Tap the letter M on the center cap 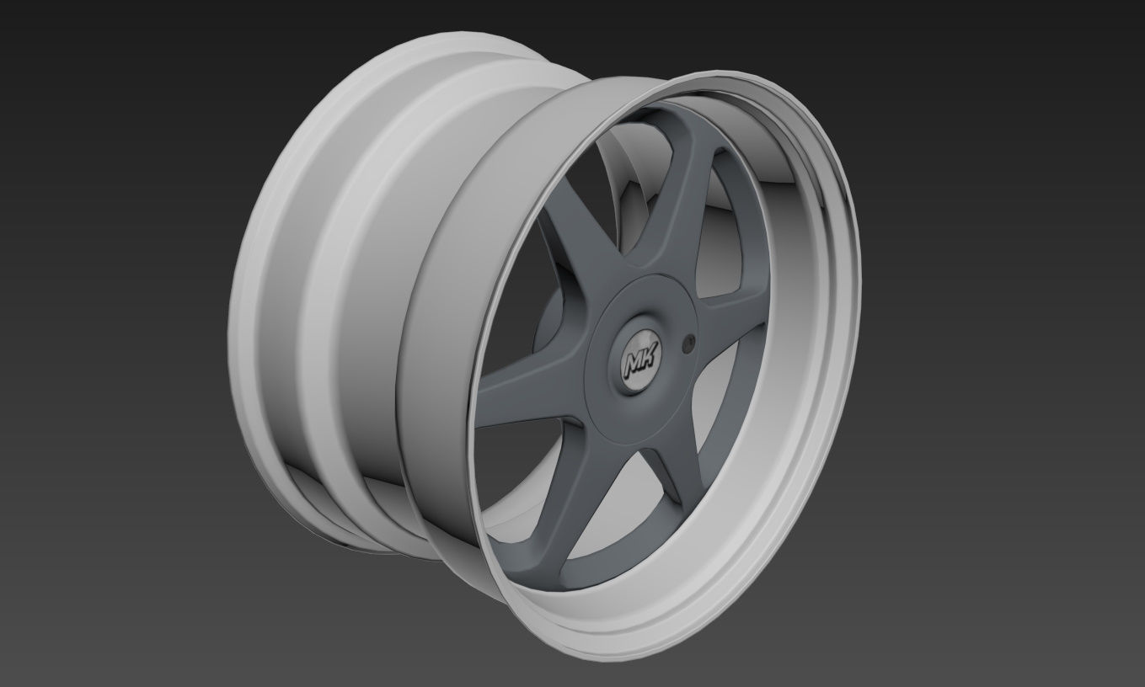pyautogui.click(x=634, y=364)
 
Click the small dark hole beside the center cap pyautogui.click(x=690, y=341)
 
